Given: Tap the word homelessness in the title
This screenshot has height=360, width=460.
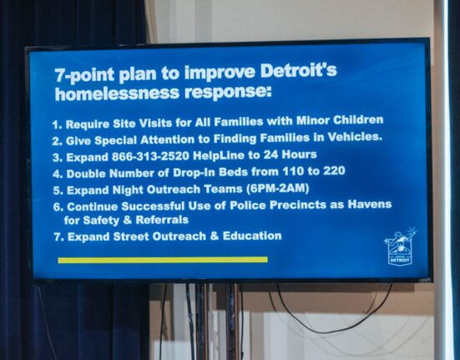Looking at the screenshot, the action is (117, 94).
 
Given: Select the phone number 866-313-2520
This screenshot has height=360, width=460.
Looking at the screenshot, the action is (150, 156).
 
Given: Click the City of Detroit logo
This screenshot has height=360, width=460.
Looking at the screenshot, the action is (400, 246).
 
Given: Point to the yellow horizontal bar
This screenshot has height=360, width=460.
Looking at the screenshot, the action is (163, 260).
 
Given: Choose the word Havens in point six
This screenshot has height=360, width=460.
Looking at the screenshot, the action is (370, 204).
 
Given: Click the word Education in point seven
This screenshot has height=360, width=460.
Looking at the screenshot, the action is (252, 236).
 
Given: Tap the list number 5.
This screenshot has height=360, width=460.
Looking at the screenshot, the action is (58, 191).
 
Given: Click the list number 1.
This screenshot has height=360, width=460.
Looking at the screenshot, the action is (57, 125).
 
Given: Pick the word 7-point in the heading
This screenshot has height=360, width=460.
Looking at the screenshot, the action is (84, 75).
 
